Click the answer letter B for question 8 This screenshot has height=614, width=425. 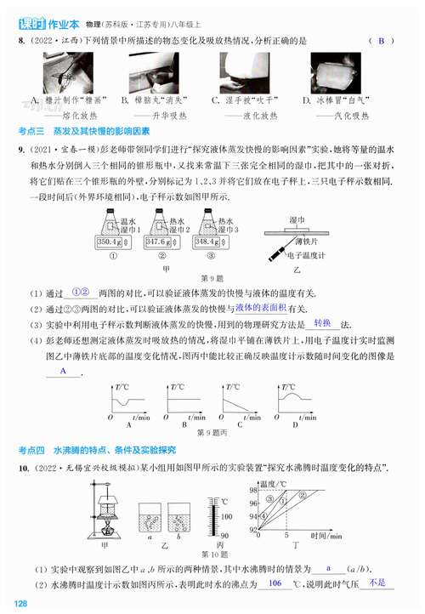click(x=382, y=41)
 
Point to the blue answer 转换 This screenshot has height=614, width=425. click(x=321, y=323)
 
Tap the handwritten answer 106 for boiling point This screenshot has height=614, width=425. click(x=274, y=583)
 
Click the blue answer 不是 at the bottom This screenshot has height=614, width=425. click(x=377, y=583)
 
